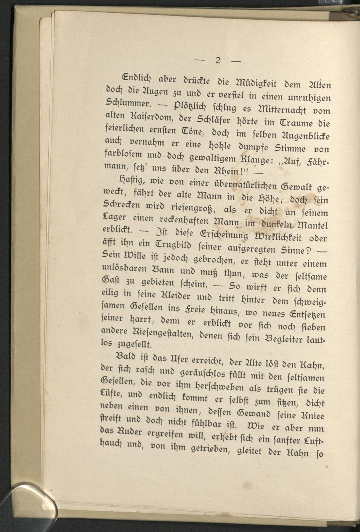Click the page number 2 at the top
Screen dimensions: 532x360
pyautogui.click(x=218, y=60)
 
